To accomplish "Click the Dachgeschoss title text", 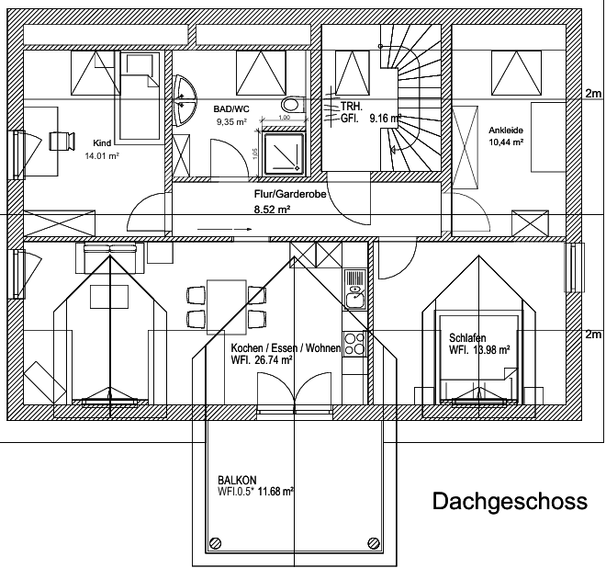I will coord(509,502).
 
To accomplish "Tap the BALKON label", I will coord(237,480).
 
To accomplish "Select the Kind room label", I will coord(102,143).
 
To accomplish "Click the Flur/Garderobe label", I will coord(286,194).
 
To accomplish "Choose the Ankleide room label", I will coord(506,130).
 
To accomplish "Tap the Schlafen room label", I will coord(467,337).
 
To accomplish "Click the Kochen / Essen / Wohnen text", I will coord(286,348).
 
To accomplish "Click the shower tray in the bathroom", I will coord(284,152).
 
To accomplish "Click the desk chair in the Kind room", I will coord(61,141).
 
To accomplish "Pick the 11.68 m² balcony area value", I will coord(275,493).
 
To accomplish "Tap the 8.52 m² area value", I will coord(273,210).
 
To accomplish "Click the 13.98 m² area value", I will coord(492,350).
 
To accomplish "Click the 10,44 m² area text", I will coord(506,142).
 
